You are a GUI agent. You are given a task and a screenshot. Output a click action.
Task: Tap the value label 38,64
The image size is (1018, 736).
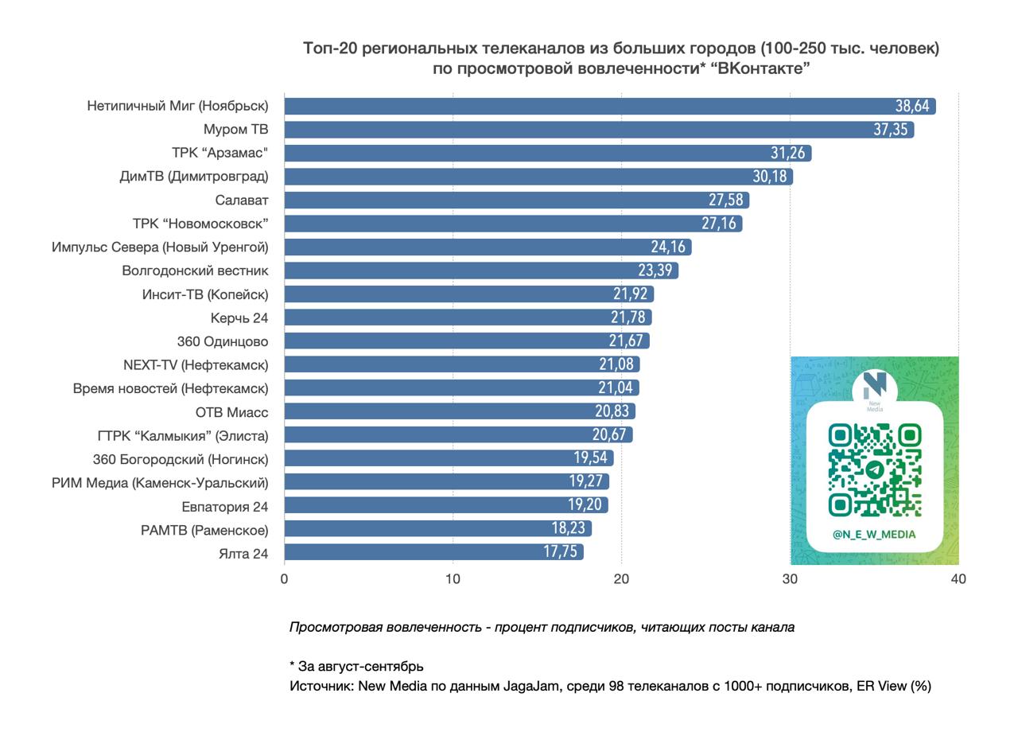click(x=912, y=106)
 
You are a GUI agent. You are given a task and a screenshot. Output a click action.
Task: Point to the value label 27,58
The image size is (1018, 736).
click(x=725, y=200)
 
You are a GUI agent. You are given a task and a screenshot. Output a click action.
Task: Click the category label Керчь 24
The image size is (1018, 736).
click(x=239, y=318)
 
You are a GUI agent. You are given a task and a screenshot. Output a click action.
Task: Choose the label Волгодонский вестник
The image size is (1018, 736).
click(x=195, y=271)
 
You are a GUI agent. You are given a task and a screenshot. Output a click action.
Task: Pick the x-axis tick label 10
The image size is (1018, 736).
click(x=453, y=579)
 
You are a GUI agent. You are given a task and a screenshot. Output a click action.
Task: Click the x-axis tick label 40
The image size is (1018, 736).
click(x=958, y=579)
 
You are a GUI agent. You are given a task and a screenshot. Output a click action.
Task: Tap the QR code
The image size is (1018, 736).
click(x=875, y=469)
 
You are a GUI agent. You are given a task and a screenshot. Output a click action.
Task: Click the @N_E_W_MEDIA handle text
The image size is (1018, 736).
click(x=874, y=535)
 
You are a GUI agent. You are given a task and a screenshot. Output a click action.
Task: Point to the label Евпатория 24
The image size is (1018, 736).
click(x=224, y=507)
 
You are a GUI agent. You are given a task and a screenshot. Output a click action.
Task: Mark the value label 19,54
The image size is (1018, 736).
click(x=590, y=458)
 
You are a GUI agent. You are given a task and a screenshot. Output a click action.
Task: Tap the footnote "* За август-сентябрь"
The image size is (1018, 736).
click(x=356, y=666)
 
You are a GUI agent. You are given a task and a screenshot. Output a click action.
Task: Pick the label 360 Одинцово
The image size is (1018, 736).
click(x=223, y=341)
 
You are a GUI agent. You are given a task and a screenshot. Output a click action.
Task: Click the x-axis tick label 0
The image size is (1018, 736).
click(x=284, y=579)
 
